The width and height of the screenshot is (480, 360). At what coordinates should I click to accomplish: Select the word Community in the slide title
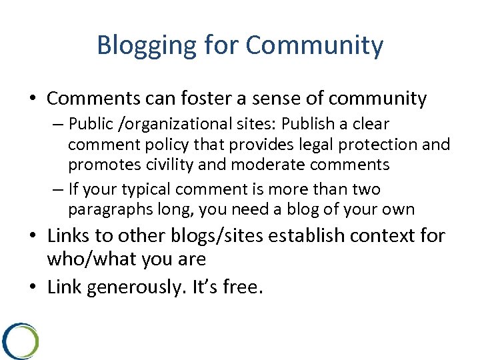point(315,45)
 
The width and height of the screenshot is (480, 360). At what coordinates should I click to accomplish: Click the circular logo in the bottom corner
point(20,340)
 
